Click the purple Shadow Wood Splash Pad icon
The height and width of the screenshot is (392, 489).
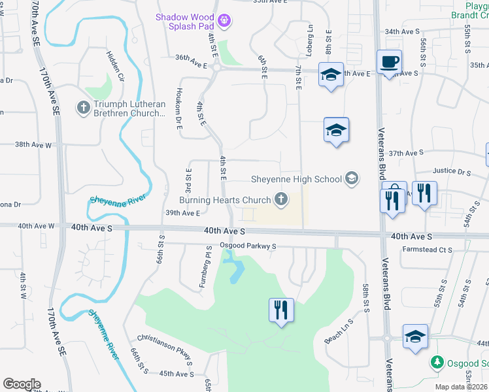pyautogui.click(x=224, y=21)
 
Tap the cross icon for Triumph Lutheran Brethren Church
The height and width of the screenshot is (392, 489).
pyautogui.click(x=83, y=106)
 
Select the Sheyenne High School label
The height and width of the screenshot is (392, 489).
pyautogui.click(x=297, y=179)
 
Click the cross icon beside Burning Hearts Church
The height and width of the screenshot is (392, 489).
pyautogui.click(x=281, y=199)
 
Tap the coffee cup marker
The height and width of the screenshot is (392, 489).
pyautogui.click(x=389, y=62)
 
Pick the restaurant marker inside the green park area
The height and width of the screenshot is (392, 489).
pyautogui.click(x=281, y=309)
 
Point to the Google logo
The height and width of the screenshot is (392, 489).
pyautogui.click(x=22, y=384)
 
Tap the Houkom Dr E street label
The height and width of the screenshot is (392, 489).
pyautogui.click(x=178, y=108)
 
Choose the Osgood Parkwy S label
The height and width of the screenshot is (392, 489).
pyautogui.click(x=248, y=246)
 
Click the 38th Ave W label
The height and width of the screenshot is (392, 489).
pyautogui.click(x=33, y=144)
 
